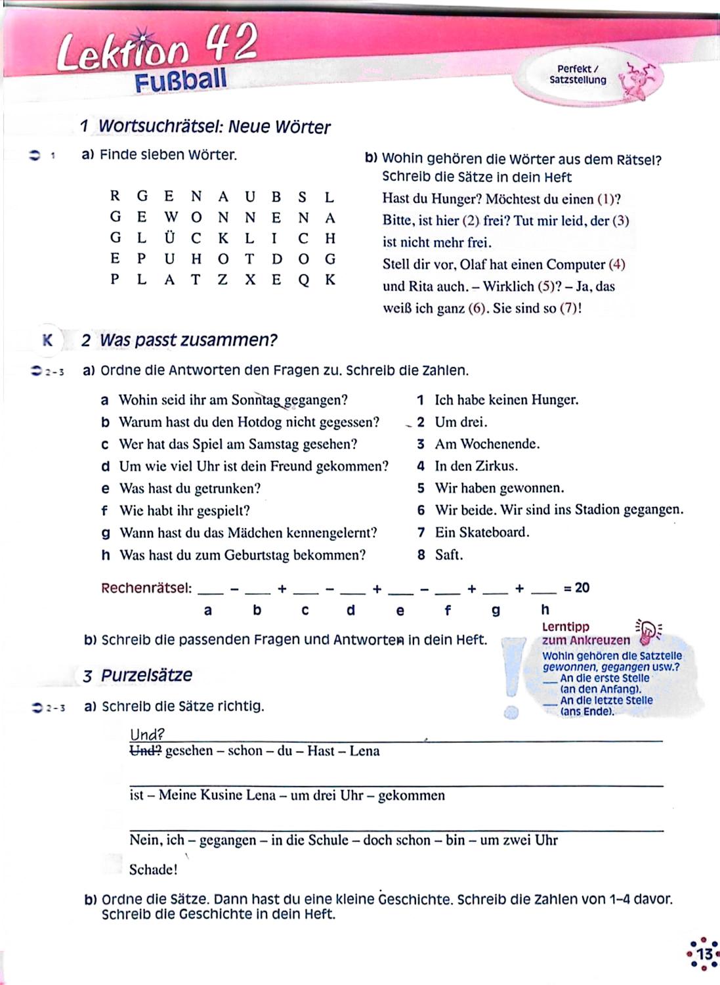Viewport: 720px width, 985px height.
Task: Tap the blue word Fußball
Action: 180,80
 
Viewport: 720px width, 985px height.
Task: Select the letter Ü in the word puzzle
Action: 170,238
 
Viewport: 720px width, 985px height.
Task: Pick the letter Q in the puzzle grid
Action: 303,280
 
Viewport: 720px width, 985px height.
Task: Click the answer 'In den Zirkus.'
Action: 476,466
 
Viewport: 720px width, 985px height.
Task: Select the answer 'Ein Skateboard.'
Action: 482,533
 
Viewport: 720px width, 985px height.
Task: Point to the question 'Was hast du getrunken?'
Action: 190,489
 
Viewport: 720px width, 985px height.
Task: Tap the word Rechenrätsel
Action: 146,588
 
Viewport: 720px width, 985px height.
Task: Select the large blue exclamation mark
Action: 511,676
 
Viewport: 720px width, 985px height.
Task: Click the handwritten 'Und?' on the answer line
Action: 147,735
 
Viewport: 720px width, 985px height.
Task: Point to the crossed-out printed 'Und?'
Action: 145,751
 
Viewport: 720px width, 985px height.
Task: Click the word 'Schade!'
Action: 153,870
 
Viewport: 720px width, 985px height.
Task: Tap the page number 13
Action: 704,953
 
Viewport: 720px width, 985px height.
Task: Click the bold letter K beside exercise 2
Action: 47,340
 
